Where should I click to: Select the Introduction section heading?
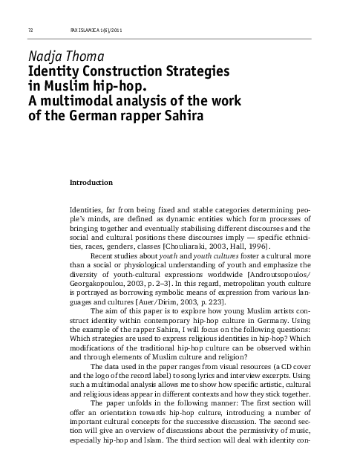(x=91, y=182)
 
